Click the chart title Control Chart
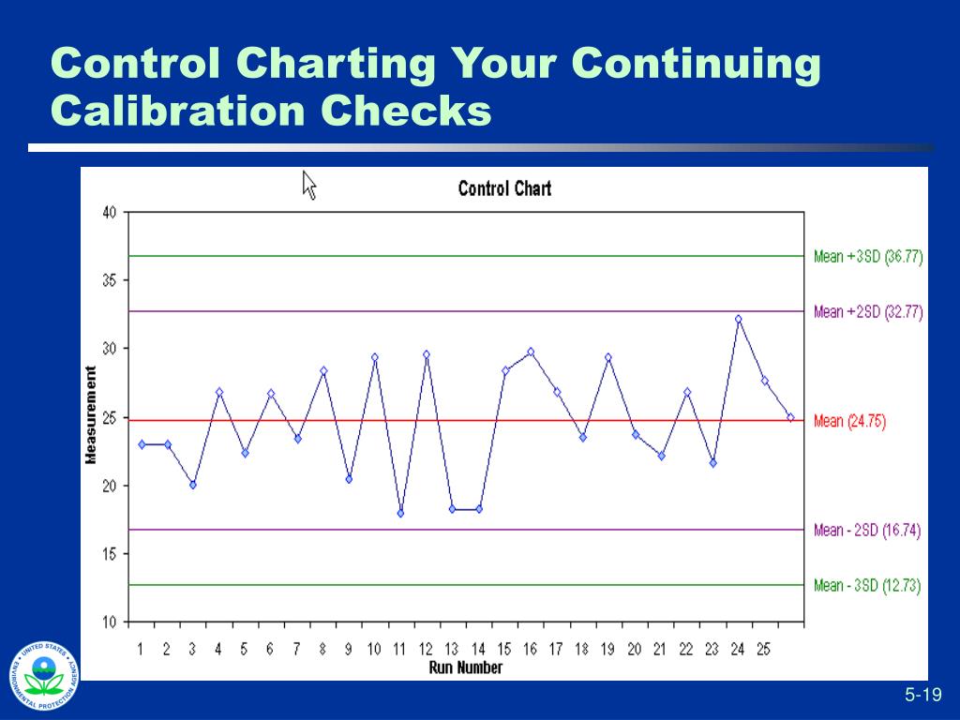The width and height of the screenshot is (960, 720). [x=504, y=188]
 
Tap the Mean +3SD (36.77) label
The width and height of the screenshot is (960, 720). [x=868, y=257]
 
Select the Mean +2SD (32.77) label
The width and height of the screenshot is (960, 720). [x=868, y=312]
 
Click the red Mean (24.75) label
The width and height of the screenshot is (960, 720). [x=849, y=421]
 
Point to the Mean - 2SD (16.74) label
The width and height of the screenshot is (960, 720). [x=867, y=531]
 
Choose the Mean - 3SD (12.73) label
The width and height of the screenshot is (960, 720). [x=867, y=586]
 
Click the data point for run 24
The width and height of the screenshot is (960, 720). [x=739, y=319]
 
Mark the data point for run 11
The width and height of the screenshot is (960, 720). [x=400, y=513]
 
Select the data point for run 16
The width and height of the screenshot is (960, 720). [x=531, y=352]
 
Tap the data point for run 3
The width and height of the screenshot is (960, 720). [x=192, y=485]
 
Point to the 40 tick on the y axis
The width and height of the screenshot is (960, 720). [x=110, y=212]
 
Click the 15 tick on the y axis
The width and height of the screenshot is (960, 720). [x=110, y=554]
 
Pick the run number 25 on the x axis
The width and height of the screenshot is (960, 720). [x=763, y=649]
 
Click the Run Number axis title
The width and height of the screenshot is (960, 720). [x=465, y=667]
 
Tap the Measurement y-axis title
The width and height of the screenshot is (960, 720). [x=91, y=415]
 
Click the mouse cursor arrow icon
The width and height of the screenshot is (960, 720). [x=309, y=184]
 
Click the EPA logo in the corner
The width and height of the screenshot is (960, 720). [x=43, y=676]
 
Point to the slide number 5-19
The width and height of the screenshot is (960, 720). [x=922, y=695]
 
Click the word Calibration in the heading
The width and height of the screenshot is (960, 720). [x=177, y=111]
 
